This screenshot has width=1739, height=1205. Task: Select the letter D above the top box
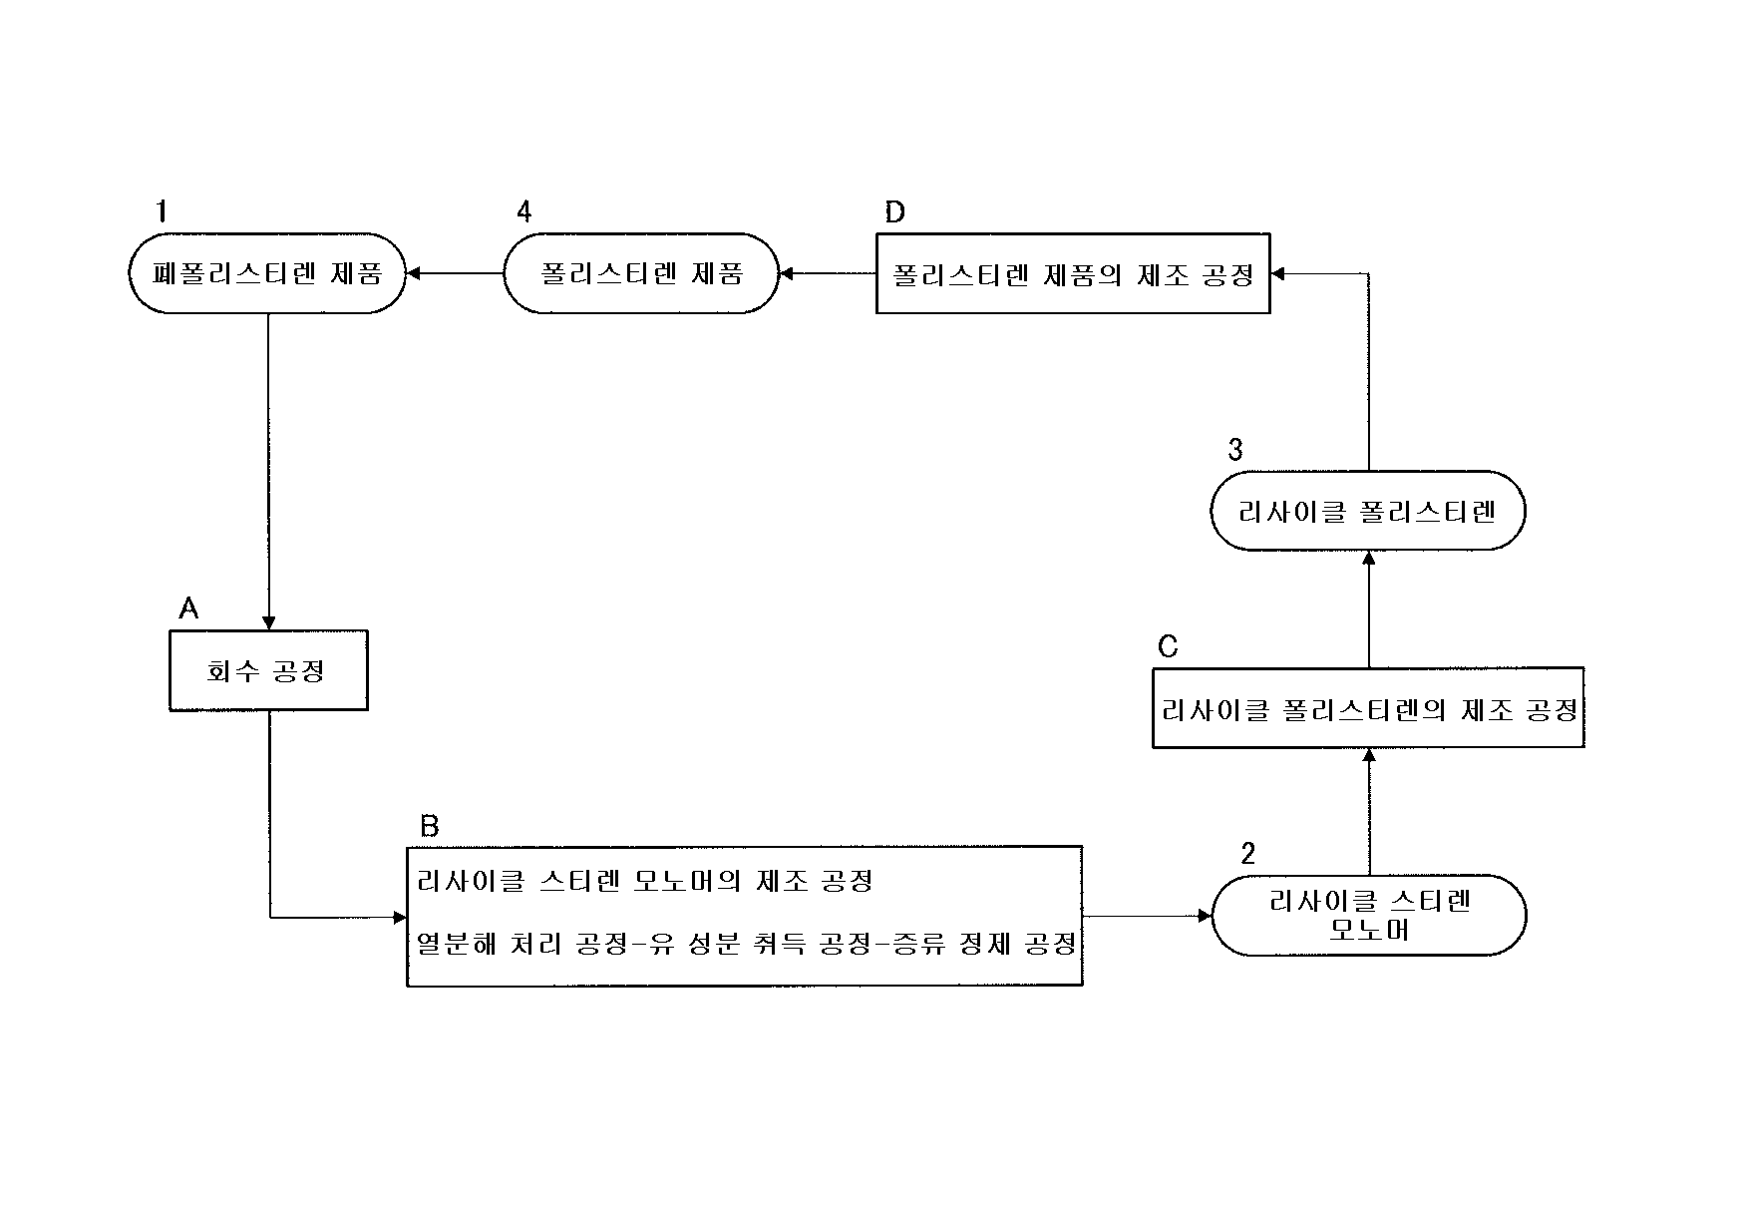pos(894,211)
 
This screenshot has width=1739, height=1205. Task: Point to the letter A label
pos(188,607)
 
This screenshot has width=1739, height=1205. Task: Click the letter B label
pos(429,825)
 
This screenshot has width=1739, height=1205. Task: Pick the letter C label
pos(1168,647)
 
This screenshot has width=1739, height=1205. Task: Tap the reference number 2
pos(1247,853)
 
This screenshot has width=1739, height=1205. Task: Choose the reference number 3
pos(1235,450)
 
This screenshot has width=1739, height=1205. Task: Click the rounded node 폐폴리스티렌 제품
pos(268,273)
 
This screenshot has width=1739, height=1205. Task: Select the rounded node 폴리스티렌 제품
pos(640,273)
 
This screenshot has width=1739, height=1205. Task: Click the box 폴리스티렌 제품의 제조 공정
pos(1072,273)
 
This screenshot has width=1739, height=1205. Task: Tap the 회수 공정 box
pos(268,670)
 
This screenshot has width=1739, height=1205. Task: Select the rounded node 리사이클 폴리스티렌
pos(1367,511)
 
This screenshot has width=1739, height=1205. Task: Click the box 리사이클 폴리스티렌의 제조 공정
pos(1368,708)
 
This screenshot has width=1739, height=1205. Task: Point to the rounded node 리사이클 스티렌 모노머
pos(1368,916)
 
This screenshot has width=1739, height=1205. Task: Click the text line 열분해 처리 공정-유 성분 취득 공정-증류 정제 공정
pos(746,944)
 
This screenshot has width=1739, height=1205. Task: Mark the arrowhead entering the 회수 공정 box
pos(268,623)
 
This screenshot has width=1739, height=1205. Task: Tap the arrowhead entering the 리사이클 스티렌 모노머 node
pos(1204,916)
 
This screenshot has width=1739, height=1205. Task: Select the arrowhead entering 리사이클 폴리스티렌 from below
pos(1369,557)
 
